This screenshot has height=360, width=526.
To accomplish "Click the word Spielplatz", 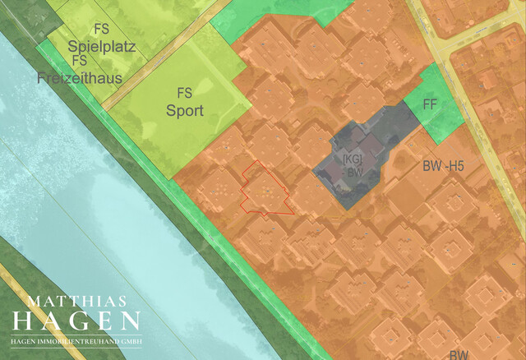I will [x=103, y=46].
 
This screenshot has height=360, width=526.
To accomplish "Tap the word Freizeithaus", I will [x=80, y=79].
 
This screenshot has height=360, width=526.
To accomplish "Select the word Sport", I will [x=185, y=109].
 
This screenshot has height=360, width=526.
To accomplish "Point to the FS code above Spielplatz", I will [x=102, y=30].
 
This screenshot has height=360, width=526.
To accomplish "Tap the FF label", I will [x=429, y=104].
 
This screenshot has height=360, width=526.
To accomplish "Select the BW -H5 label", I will [x=443, y=166].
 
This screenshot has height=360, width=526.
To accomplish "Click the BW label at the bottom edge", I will [x=458, y=354].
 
